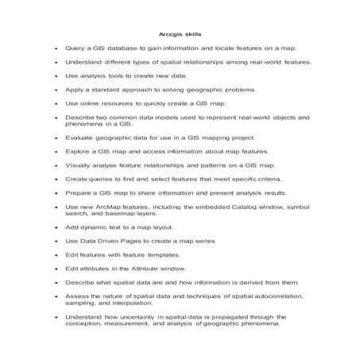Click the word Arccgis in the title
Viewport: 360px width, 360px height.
169,35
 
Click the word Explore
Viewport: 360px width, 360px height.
78,151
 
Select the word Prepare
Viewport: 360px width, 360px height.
79,193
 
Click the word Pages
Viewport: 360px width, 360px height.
127,242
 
